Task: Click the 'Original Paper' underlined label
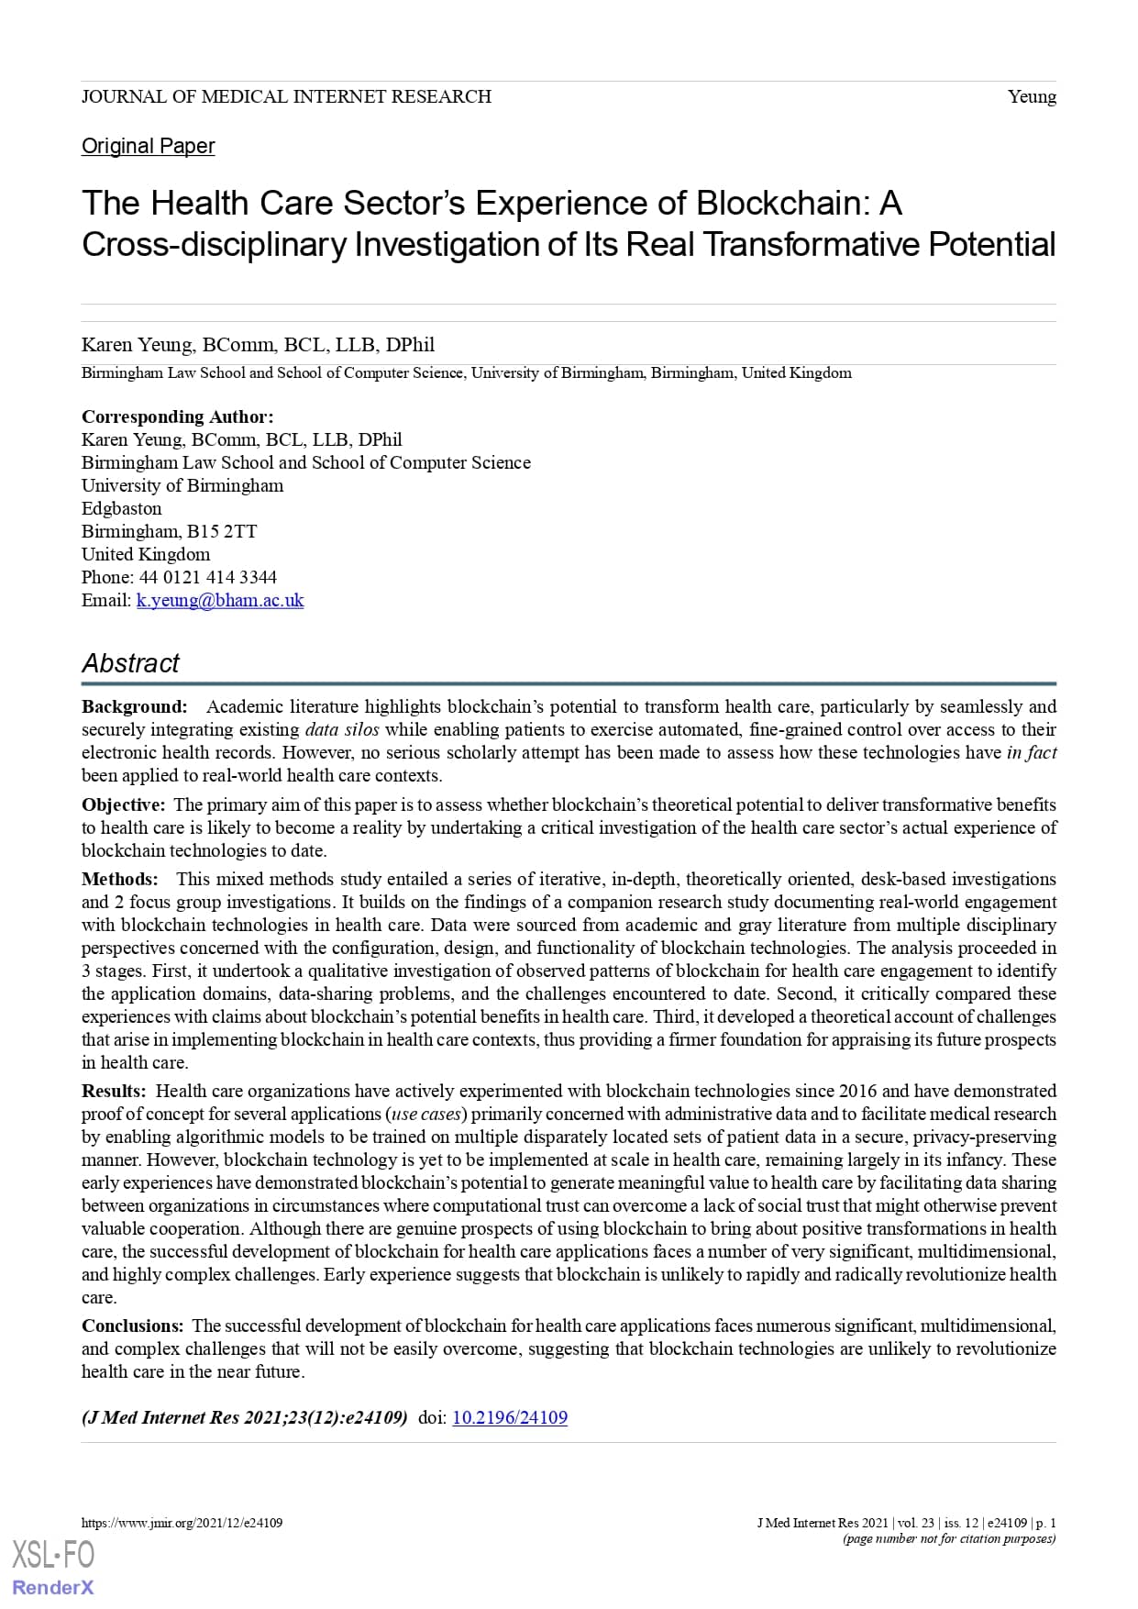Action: (x=148, y=146)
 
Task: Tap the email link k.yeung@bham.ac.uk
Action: (x=220, y=600)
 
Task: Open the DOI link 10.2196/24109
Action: (x=510, y=1417)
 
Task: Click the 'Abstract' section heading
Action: (x=130, y=663)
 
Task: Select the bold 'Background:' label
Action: (x=134, y=706)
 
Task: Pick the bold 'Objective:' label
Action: (x=123, y=804)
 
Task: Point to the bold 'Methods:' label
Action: (x=119, y=879)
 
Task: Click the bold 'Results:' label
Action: (x=114, y=1091)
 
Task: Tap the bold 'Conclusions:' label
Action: (x=132, y=1326)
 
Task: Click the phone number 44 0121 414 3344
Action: (x=207, y=577)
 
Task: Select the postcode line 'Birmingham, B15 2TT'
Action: (x=169, y=531)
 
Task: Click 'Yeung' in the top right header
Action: (x=1032, y=96)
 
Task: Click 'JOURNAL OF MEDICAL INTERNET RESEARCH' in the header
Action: (x=286, y=96)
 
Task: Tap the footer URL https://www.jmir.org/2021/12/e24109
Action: (x=182, y=1523)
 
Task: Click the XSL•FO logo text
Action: (x=52, y=1555)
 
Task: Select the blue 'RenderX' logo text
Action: (x=52, y=1588)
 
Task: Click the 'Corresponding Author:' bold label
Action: (x=177, y=416)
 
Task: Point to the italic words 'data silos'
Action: (x=341, y=729)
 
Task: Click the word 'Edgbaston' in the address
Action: (x=121, y=508)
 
